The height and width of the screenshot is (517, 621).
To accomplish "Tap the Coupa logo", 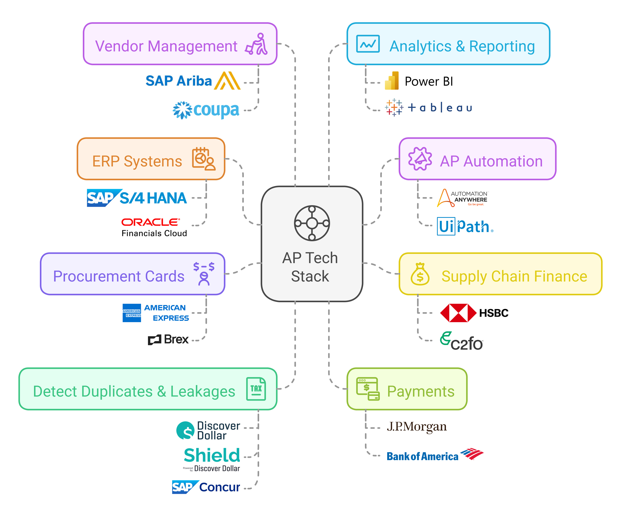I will click(206, 110).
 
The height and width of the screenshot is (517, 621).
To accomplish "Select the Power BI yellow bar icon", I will click(392, 81).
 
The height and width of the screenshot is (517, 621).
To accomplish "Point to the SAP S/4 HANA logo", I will click(137, 198).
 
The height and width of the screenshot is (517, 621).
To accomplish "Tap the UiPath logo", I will click(465, 226).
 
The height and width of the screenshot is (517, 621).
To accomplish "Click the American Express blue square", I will click(132, 313).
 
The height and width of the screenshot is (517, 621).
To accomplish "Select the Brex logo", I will click(168, 339).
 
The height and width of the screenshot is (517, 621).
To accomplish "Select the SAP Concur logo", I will click(206, 487).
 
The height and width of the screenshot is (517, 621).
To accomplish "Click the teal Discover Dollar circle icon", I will click(185, 431).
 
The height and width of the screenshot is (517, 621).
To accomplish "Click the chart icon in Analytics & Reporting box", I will click(368, 44).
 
